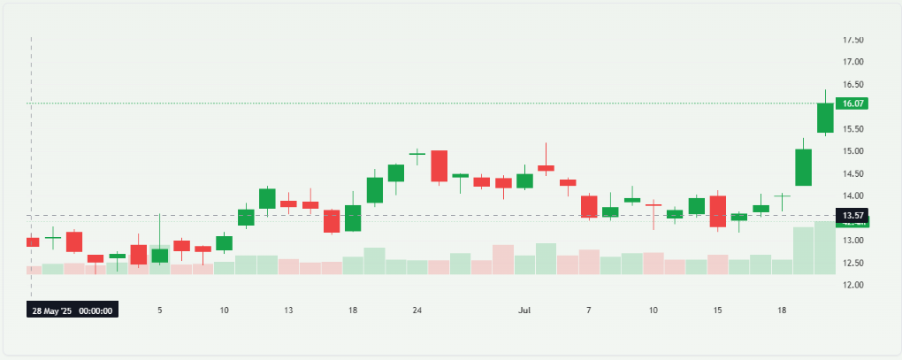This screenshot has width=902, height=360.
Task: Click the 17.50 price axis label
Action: coord(852,40)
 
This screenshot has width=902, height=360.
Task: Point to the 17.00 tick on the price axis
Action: coord(852,62)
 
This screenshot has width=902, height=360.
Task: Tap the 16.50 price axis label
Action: coord(852,84)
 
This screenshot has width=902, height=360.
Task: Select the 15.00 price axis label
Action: coord(852,151)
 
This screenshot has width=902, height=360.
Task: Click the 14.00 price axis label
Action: coord(852,195)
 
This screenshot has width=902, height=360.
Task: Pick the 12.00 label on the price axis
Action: coord(852,285)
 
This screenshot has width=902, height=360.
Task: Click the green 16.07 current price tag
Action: coord(853,103)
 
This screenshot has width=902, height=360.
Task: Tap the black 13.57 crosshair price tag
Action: coord(853,215)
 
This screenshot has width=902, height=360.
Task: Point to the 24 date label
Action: coord(417,310)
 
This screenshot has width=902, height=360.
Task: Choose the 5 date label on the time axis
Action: coord(159,310)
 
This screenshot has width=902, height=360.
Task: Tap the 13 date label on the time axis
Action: coord(288,310)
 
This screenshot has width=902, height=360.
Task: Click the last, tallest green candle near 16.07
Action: coord(825,118)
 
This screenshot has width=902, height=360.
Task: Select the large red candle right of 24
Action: coord(439,166)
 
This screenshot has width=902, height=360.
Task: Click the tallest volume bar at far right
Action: coord(825,248)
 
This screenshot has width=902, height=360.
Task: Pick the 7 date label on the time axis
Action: coord(589,310)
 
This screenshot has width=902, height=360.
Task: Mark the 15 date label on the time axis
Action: coord(718,310)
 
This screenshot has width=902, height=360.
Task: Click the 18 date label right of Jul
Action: coord(783,310)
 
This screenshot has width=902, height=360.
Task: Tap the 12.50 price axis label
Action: coord(852,263)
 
